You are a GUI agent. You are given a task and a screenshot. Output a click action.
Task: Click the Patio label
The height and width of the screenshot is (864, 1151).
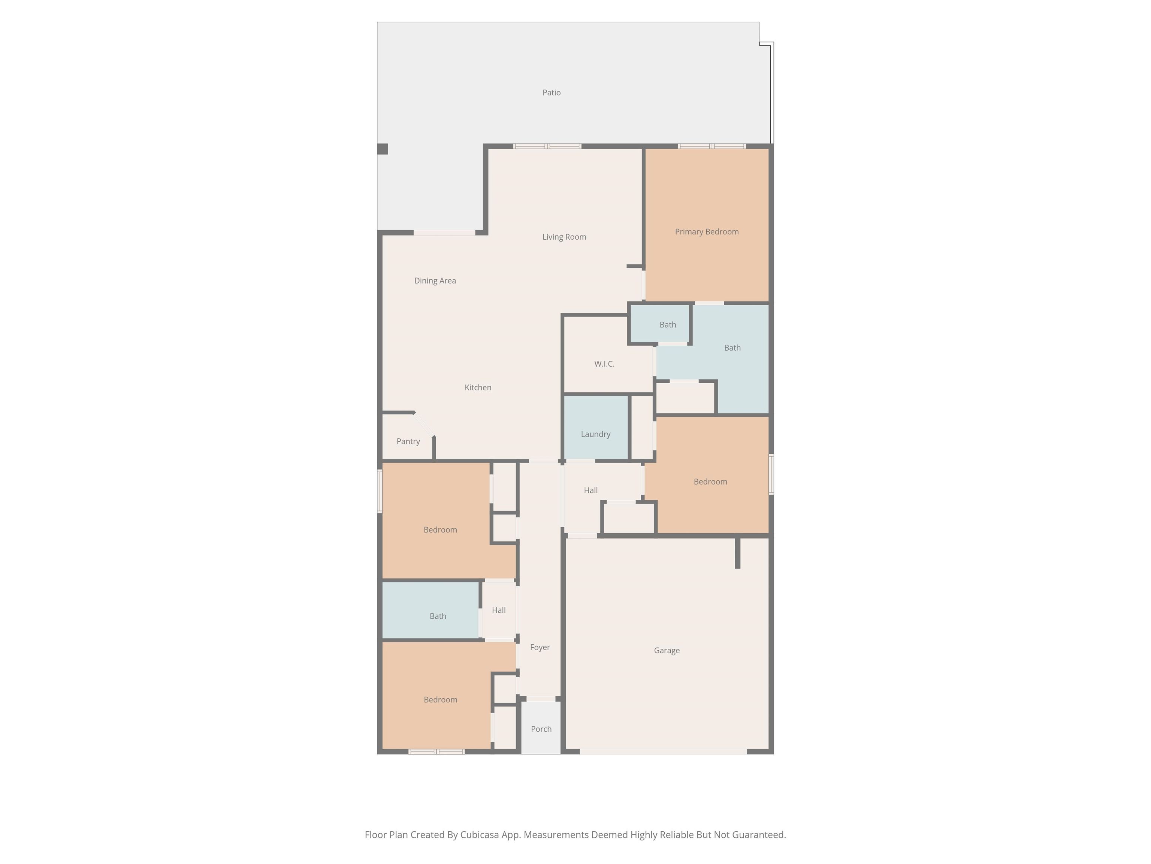pyautogui.click(x=552, y=93)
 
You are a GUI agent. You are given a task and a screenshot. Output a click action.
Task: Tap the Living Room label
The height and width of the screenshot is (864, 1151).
pyautogui.click(x=564, y=237)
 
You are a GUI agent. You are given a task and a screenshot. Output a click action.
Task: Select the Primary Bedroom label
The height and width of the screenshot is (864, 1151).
pyautogui.click(x=707, y=232)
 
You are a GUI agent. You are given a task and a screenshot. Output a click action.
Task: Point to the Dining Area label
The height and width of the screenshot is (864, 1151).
pyautogui.click(x=435, y=281)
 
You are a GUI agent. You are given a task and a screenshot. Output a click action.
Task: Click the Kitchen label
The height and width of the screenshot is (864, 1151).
pyautogui.click(x=478, y=387)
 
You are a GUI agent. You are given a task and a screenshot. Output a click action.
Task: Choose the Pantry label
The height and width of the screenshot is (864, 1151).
pyautogui.click(x=408, y=442)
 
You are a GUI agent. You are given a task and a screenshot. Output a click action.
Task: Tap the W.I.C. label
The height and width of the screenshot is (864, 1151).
pyautogui.click(x=604, y=364)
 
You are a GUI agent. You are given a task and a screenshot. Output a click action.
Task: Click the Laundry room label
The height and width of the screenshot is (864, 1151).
pyautogui.click(x=595, y=434)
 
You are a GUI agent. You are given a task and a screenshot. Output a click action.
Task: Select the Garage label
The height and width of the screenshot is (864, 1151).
pyautogui.click(x=667, y=651)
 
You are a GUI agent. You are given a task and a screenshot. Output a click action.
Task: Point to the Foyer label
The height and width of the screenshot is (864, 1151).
pyautogui.click(x=540, y=647)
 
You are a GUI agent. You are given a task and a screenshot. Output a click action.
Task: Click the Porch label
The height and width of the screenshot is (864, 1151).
pyautogui.click(x=541, y=729)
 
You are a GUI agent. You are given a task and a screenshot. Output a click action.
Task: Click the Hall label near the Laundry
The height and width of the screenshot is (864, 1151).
pyautogui.click(x=590, y=490)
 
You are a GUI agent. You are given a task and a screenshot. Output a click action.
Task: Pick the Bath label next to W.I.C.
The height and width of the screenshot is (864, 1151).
pyautogui.click(x=668, y=325)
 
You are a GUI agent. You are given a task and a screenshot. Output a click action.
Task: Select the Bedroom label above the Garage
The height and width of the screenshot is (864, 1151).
pyautogui.click(x=710, y=482)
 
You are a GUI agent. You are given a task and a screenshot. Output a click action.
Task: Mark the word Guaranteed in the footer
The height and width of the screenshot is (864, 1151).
pyautogui.click(x=759, y=835)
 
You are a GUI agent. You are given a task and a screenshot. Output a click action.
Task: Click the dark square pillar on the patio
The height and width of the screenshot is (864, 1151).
pyautogui.click(x=383, y=149)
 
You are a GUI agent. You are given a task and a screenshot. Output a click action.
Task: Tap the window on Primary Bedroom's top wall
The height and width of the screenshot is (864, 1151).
pyautogui.click(x=712, y=146)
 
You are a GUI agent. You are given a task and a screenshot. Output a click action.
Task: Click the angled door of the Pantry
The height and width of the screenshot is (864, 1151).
pyautogui.click(x=424, y=425)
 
